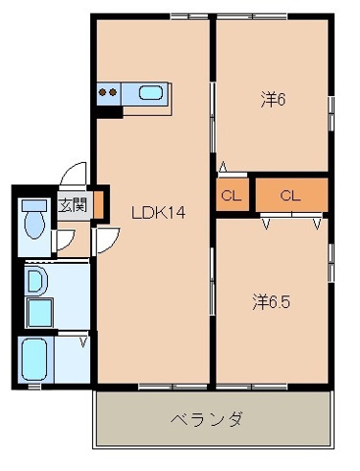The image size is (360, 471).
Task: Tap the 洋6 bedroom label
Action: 273,99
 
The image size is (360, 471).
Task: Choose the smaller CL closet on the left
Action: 232,194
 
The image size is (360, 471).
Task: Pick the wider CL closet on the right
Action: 289,194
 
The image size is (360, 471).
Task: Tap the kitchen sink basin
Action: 150,94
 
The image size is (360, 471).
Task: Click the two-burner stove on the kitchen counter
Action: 109,94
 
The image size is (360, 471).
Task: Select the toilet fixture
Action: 35,218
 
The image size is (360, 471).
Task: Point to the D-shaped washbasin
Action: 34,283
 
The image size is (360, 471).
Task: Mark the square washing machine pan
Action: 39,314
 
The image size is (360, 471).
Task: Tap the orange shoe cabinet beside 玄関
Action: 89,204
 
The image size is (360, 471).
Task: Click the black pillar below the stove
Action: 108,111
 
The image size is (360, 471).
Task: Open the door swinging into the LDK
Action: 106,238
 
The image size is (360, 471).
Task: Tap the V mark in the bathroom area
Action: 83,341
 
